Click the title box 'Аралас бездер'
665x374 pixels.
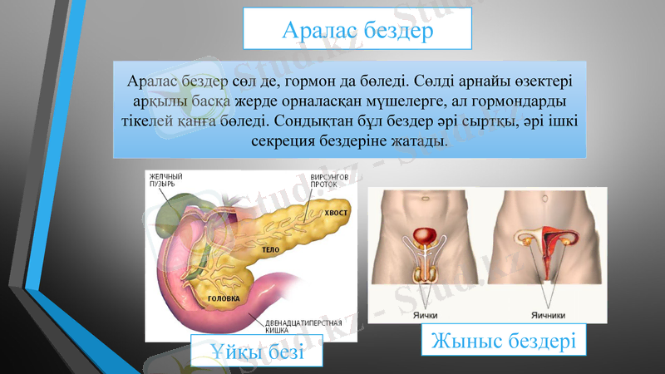click(x=357, y=29)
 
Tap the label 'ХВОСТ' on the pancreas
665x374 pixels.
click(x=337, y=213)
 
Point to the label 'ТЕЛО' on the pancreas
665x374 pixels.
click(x=269, y=249)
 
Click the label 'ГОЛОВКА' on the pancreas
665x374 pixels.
click(x=224, y=298)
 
